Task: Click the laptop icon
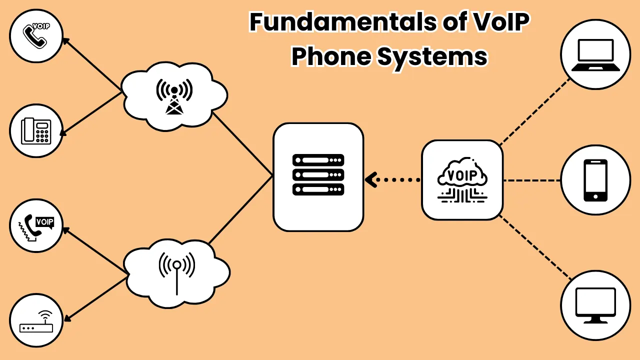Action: click(595, 55)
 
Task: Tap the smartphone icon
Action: click(595, 180)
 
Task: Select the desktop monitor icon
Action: click(595, 305)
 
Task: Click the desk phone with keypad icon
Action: click(36, 130)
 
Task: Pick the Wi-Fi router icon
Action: click(36, 321)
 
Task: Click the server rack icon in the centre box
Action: click(318, 174)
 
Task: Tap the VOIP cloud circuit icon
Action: click(462, 180)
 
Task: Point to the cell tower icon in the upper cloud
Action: click(174, 96)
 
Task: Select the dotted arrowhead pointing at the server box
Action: click(371, 180)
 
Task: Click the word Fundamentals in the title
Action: click(343, 21)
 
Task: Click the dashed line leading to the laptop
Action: click(535, 111)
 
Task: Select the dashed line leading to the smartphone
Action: click(531, 180)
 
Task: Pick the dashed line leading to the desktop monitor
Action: click(535, 247)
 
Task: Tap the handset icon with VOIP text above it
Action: click(36, 35)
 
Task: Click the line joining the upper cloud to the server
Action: click(243, 143)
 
